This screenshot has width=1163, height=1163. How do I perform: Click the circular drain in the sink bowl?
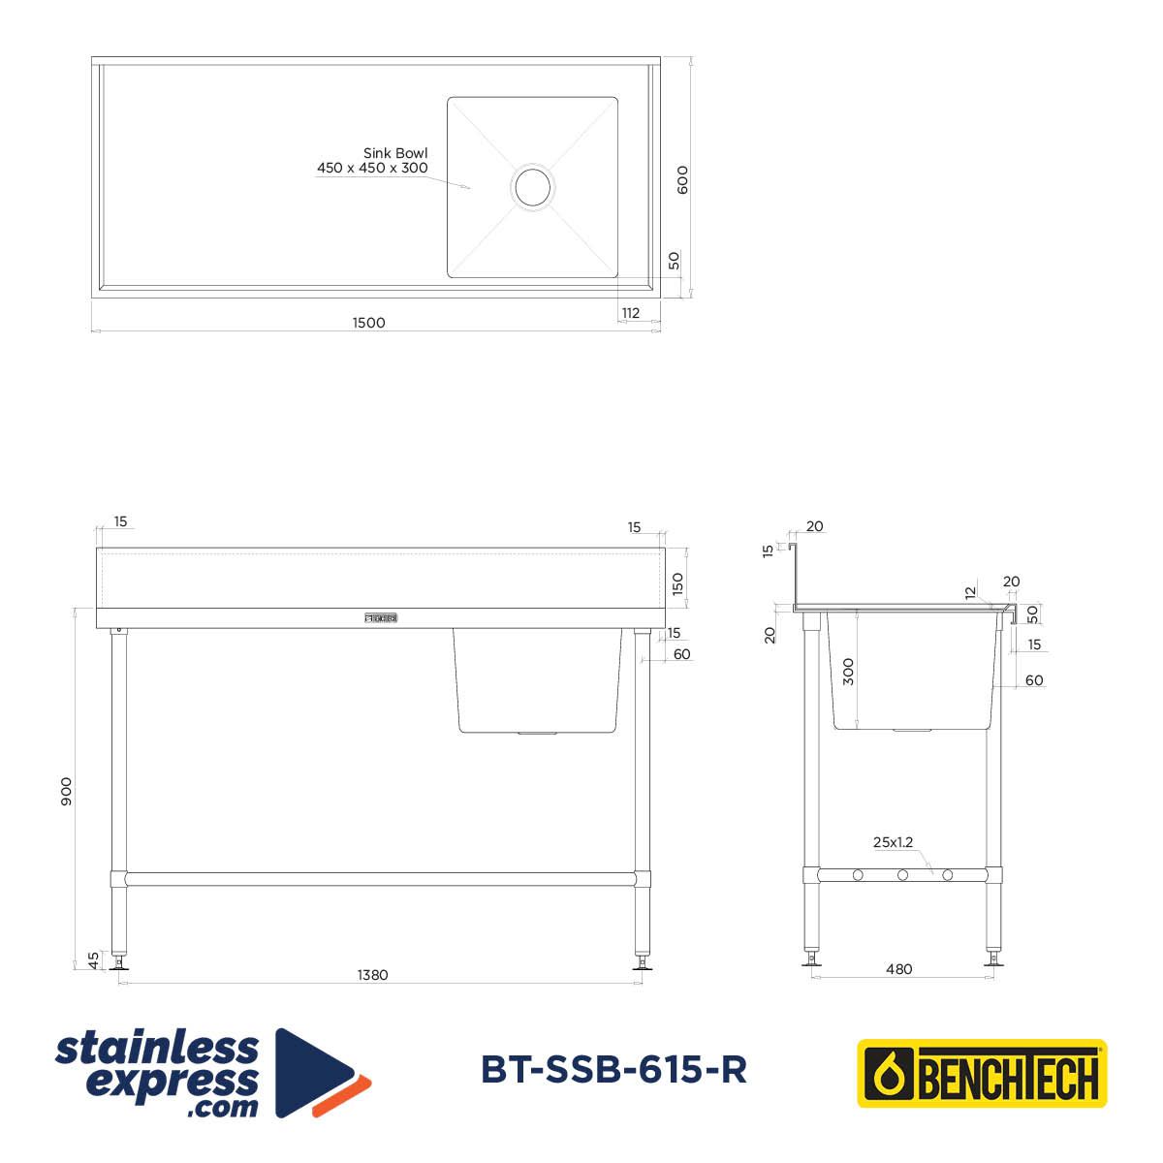[532, 187]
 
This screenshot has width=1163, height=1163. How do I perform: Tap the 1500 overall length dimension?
[368, 323]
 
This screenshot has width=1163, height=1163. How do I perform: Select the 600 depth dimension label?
[682, 180]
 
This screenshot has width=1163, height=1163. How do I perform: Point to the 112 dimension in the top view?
[631, 313]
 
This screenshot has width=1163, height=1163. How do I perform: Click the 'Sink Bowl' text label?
[395, 153]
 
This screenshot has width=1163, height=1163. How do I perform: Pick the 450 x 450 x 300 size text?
[372, 168]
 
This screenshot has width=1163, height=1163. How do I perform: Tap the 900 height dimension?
[67, 791]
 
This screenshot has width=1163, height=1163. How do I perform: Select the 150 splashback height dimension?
[677, 583]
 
